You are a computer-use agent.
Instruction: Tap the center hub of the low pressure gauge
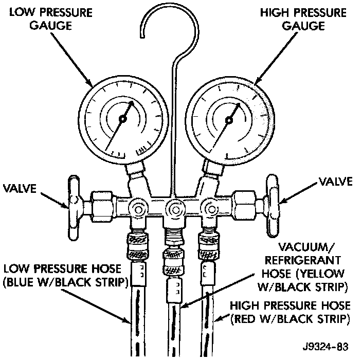[122, 119]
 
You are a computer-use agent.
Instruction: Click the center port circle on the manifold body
[172, 209]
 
